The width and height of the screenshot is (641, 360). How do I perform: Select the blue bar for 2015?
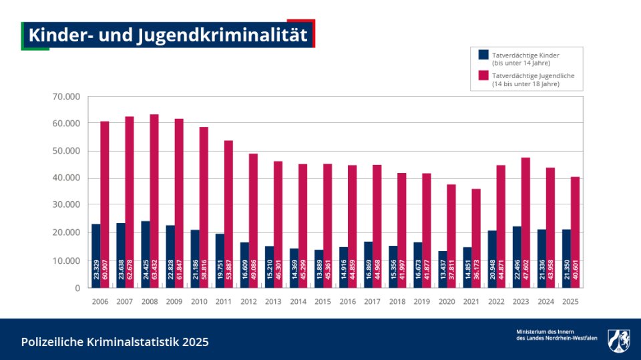(318, 267)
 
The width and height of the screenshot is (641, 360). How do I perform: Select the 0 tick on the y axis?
(77, 288)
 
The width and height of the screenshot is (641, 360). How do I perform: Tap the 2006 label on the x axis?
(100, 302)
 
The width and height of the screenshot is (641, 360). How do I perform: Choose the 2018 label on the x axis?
(397, 302)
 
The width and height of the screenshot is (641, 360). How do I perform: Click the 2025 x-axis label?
(570, 302)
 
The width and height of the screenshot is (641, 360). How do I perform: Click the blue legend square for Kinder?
(483, 55)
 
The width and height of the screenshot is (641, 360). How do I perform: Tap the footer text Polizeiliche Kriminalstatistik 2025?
(115, 342)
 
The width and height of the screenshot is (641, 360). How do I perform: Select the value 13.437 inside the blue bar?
(443, 275)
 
